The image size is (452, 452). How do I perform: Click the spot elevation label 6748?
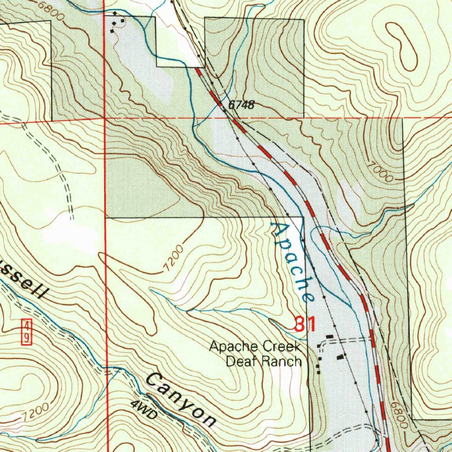point(241,105)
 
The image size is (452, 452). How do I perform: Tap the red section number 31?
point(305,325)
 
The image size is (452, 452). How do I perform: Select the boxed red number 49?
point(26,332)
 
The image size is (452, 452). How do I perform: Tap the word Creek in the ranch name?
point(283,347)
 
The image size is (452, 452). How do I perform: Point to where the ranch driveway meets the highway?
point(373,339)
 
